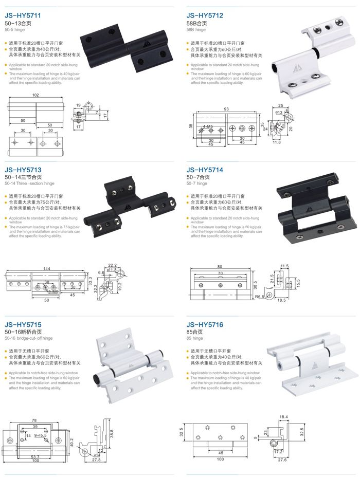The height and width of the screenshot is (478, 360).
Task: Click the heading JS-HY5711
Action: [24, 16]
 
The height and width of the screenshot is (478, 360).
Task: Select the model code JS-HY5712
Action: [205, 16]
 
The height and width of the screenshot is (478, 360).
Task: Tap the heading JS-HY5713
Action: [24, 170]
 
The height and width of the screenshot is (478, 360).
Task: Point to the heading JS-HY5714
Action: [205, 170]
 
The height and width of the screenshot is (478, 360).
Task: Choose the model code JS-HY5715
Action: [24, 325]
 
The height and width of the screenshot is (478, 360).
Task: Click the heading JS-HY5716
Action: [205, 325]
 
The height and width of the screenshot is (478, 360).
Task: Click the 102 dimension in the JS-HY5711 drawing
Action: [35, 95]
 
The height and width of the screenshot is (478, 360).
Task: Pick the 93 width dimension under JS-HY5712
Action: [226, 108]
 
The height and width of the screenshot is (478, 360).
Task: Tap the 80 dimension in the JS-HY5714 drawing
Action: [220, 266]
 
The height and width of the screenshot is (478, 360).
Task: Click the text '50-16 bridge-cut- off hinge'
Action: [29, 339]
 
